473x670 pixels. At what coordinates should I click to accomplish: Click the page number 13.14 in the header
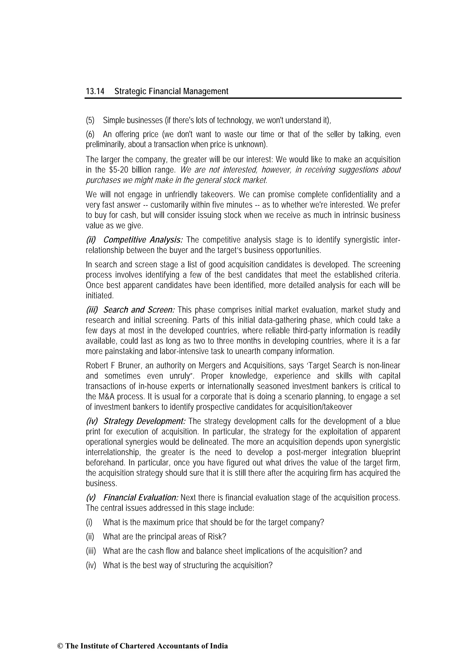[x=95, y=91]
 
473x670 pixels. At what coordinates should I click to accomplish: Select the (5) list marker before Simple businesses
[x=90, y=120]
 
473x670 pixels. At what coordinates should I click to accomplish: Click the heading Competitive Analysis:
[x=143, y=240]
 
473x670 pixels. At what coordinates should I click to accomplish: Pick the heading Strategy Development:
[x=144, y=421]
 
